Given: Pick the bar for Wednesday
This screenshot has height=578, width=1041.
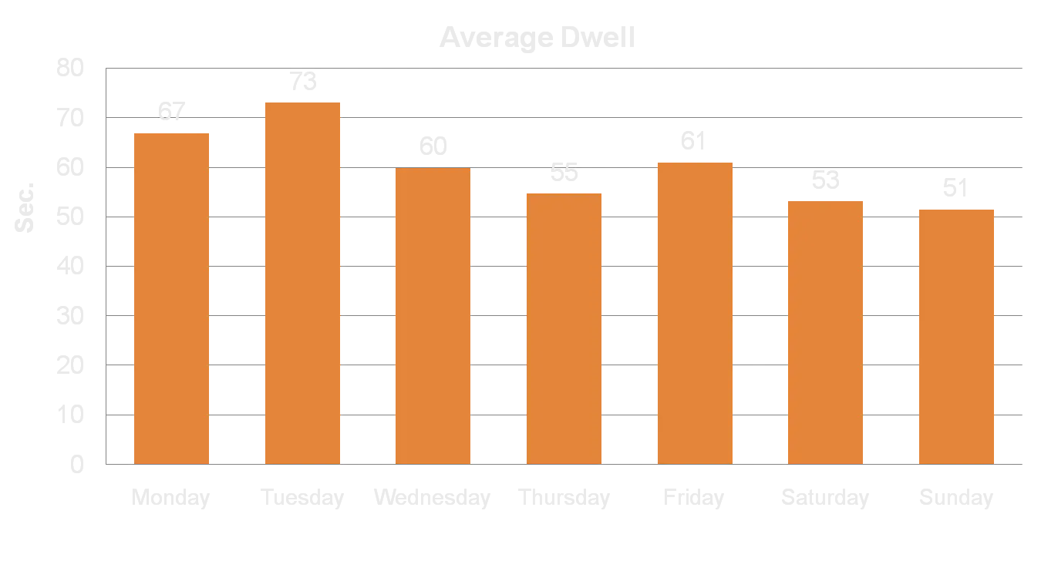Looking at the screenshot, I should pyautogui.click(x=433, y=315).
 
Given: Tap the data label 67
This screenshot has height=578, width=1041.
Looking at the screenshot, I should pyautogui.click(x=172, y=112).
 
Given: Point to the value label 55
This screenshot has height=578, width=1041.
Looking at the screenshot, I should pyautogui.click(x=564, y=173).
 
